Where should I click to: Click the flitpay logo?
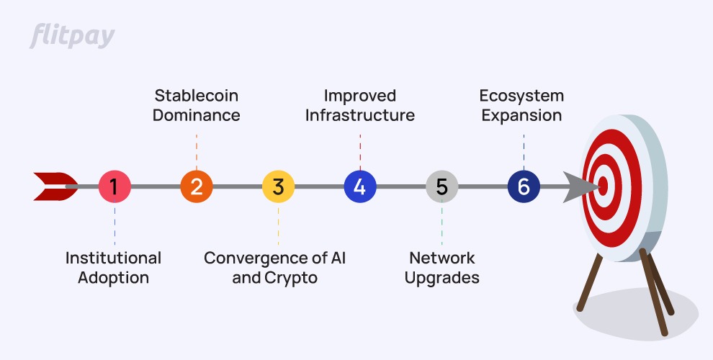point(72,36)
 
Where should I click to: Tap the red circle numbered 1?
point(114,187)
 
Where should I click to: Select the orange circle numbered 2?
point(197,187)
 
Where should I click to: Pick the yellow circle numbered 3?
point(278,187)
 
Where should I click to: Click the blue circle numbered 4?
point(360,187)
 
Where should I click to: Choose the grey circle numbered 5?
point(442,187)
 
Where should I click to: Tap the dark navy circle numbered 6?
point(524,187)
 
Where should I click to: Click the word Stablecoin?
point(197,96)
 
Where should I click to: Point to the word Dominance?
point(197,115)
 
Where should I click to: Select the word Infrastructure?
point(360,115)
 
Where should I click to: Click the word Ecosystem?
point(522,96)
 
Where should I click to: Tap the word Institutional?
point(113,258)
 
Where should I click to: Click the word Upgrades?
point(442,277)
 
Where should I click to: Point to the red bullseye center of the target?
point(603,186)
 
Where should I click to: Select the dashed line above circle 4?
point(360,151)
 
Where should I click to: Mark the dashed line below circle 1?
point(114,223)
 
